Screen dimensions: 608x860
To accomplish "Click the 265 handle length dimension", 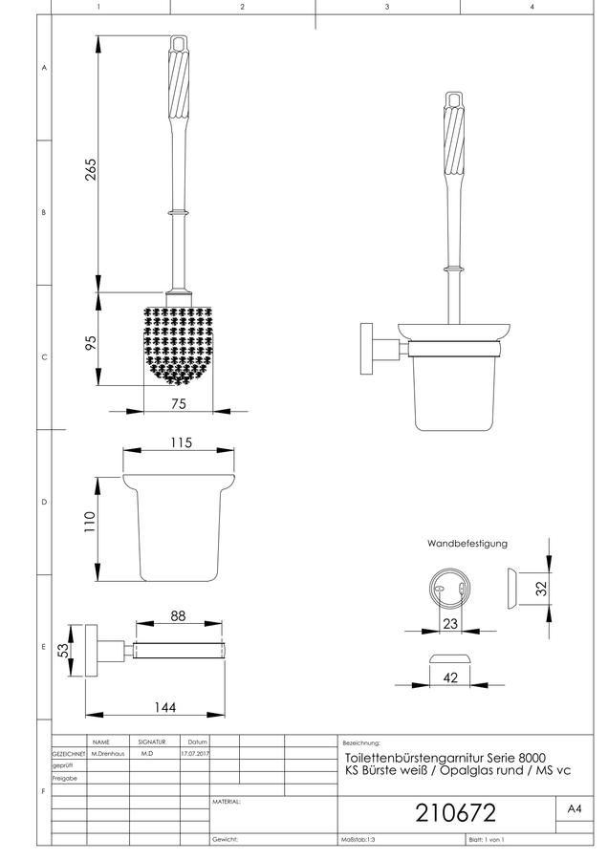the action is point(91,169).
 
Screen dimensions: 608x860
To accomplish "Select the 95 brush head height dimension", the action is point(91,342).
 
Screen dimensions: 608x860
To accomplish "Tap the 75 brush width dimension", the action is point(179,403).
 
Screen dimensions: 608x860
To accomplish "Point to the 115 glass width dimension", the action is point(181,442).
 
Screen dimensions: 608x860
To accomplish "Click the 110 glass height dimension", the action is point(90,522).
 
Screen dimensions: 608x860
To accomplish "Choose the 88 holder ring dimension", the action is point(178,616).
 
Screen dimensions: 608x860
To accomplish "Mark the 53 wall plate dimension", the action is point(64,651).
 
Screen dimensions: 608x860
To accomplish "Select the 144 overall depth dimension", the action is point(164,707).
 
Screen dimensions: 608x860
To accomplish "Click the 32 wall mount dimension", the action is point(542,589).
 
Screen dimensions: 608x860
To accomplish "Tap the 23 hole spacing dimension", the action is point(450,624).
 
